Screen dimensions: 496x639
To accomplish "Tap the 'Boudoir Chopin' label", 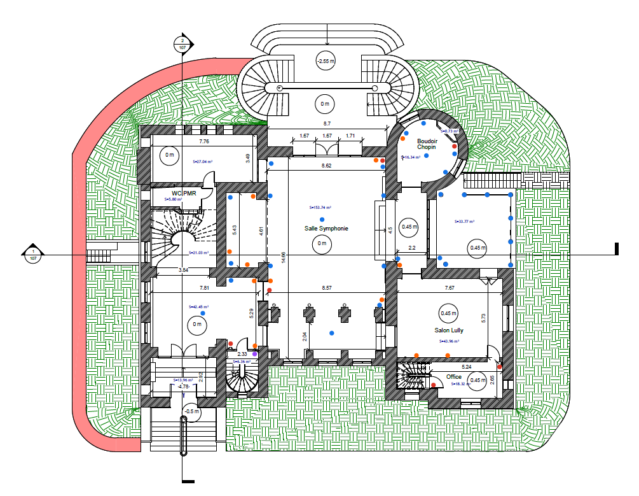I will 426,144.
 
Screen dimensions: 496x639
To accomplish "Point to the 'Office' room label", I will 454,377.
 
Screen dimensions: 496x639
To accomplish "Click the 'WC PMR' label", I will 184,192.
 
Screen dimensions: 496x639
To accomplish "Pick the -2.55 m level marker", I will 326,61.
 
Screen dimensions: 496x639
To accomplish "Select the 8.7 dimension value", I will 327,123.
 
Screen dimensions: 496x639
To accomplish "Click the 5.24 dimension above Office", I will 466,367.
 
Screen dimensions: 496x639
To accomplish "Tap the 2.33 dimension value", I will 242,353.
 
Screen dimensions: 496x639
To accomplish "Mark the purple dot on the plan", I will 255,354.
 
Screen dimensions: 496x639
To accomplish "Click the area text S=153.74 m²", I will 321,208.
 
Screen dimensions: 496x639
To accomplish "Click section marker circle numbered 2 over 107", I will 182,44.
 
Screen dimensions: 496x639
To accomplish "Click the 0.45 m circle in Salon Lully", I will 449,313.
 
